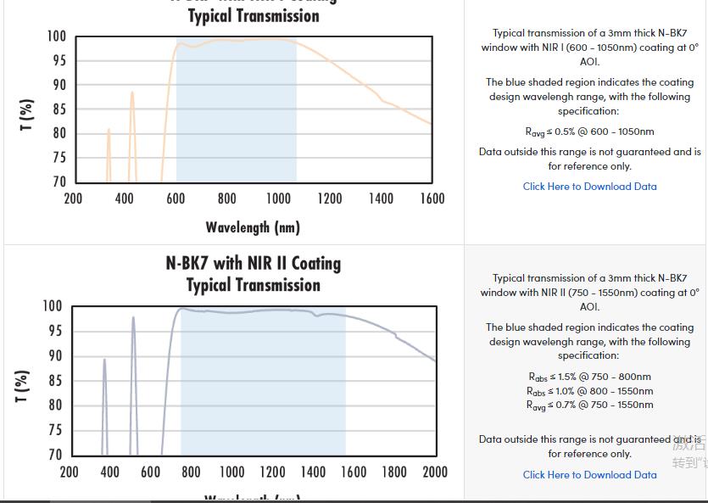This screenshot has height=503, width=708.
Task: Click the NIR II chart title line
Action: coord(253,264)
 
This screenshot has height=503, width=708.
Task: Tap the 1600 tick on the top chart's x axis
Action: coord(432,198)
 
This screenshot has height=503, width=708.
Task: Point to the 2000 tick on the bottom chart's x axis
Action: coord(434,472)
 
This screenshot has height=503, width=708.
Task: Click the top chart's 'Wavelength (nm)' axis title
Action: coord(253,226)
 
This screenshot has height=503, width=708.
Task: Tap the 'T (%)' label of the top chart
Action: coord(27,115)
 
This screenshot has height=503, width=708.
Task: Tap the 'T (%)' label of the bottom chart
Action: coord(23,386)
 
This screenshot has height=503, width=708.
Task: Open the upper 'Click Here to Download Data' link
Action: coord(589,187)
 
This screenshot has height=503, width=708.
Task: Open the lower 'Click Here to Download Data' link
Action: coord(589,475)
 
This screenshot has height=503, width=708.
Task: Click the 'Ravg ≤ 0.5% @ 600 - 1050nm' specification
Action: coord(589,131)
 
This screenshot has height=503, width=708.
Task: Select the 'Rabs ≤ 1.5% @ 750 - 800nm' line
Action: coord(589,377)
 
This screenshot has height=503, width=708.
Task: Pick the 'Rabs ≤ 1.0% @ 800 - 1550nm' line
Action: coord(589,391)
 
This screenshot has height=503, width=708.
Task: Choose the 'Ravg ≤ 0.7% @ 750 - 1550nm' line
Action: coord(589,405)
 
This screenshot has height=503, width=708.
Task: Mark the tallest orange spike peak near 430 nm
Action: coord(132,92)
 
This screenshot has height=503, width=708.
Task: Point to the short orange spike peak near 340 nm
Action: coord(109,130)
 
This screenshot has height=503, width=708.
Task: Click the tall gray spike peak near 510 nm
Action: coord(133,317)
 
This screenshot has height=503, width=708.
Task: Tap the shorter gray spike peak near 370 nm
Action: coord(104,359)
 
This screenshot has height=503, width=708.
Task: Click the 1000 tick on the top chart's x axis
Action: coord(278,198)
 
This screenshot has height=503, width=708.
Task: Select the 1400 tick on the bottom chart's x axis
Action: coord(313,472)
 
